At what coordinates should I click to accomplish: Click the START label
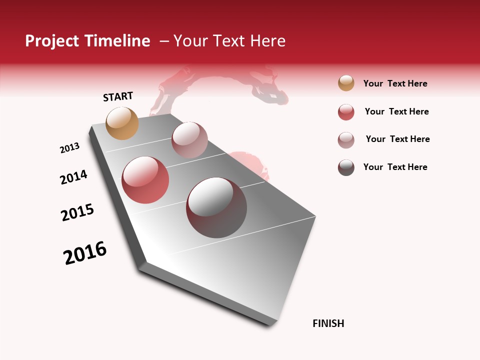[x=118, y=96]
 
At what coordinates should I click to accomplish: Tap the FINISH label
[x=328, y=323]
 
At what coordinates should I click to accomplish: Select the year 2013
[x=69, y=148]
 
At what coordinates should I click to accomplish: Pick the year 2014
[x=73, y=177]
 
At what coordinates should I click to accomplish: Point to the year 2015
[x=77, y=212]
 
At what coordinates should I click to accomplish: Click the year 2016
[x=85, y=253]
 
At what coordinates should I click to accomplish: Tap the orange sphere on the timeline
[x=122, y=123]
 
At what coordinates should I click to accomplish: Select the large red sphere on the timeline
[x=145, y=180]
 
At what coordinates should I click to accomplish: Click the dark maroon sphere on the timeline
[x=216, y=207]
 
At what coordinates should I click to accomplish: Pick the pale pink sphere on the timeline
[x=189, y=140]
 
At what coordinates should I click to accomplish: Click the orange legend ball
[x=346, y=83]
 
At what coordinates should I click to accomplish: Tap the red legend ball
[x=346, y=112]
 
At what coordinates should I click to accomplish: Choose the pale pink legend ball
[x=346, y=140]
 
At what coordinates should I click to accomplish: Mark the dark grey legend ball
[x=346, y=167]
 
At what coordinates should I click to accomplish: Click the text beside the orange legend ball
[x=395, y=83]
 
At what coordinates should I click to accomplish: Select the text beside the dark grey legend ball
[x=395, y=167]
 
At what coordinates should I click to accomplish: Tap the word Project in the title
[x=52, y=41]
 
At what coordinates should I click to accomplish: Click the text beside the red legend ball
[x=396, y=111]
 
